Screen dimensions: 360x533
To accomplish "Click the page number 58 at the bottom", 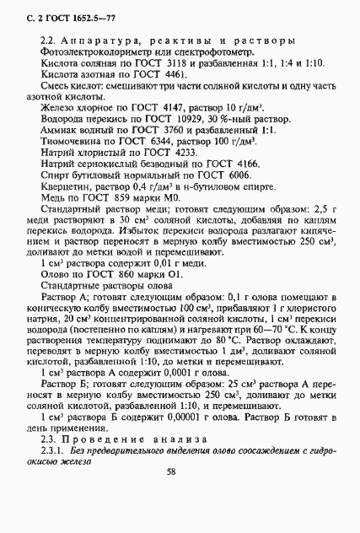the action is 171,497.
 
